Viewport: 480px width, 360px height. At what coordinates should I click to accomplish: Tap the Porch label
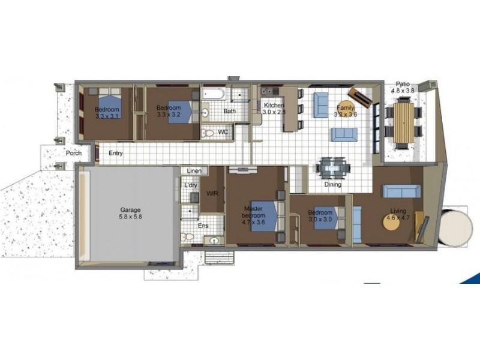(x=74, y=153)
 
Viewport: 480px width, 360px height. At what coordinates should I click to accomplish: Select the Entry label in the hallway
(x=116, y=153)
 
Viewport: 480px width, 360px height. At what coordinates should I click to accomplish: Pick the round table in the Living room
(x=397, y=221)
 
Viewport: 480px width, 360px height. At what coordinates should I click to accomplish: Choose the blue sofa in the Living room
(x=401, y=191)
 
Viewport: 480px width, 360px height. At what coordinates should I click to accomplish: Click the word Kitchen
(x=274, y=105)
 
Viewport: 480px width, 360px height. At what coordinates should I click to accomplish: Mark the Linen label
(x=193, y=171)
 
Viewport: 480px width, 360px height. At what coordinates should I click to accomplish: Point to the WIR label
(x=212, y=194)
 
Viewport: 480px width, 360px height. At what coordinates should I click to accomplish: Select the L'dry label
(x=191, y=185)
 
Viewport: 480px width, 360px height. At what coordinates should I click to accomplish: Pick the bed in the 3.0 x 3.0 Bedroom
(x=321, y=218)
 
